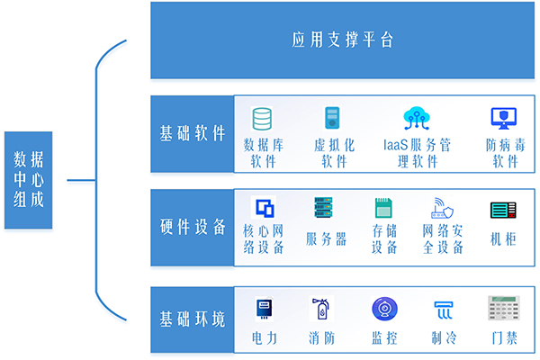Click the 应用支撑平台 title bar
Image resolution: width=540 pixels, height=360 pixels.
[343, 40]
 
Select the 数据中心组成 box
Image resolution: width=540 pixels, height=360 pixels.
[28, 179]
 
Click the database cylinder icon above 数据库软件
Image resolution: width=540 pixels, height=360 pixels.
[263, 118]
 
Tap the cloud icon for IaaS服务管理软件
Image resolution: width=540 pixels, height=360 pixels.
[416, 118]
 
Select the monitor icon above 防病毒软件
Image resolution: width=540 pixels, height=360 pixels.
[503, 118]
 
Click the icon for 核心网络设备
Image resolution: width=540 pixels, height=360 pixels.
[264, 209]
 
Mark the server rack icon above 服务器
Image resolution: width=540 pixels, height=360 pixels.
[324, 208]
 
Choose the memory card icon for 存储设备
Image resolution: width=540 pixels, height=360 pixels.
[384, 208]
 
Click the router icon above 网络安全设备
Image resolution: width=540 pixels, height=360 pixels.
[443, 208]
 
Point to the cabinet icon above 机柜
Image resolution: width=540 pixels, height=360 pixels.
[502, 210]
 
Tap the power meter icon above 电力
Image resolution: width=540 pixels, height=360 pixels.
[265, 309]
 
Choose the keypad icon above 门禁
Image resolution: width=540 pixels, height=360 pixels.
[502, 310]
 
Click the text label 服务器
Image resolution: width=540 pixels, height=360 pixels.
[326, 238]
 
